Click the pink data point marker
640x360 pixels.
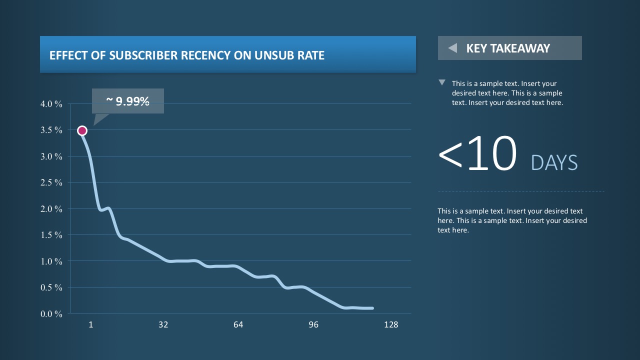pyautogui.click(x=82, y=130)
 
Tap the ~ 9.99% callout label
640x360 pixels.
pyautogui.click(x=128, y=101)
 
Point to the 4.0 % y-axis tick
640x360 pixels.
pyautogui.click(x=51, y=104)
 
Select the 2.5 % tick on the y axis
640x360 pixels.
pyautogui.click(x=51, y=182)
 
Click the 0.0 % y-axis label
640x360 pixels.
pyautogui.click(x=51, y=313)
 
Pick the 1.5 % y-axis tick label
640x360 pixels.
pyautogui.click(x=51, y=235)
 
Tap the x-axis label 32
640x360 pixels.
pyautogui.click(x=163, y=325)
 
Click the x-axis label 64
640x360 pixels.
pyautogui.click(x=238, y=325)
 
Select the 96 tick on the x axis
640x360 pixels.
pyautogui.click(x=313, y=325)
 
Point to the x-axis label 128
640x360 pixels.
pyautogui.click(x=391, y=325)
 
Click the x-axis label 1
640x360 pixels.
pyautogui.click(x=91, y=325)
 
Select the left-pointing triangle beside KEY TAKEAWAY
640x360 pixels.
pyautogui.click(x=452, y=48)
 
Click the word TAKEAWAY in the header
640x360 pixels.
pyautogui.click(x=520, y=48)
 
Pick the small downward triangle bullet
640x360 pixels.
pyautogui.click(x=441, y=82)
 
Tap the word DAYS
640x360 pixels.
pyautogui.click(x=554, y=163)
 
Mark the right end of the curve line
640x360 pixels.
pyautogui.click(x=372, y=308)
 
